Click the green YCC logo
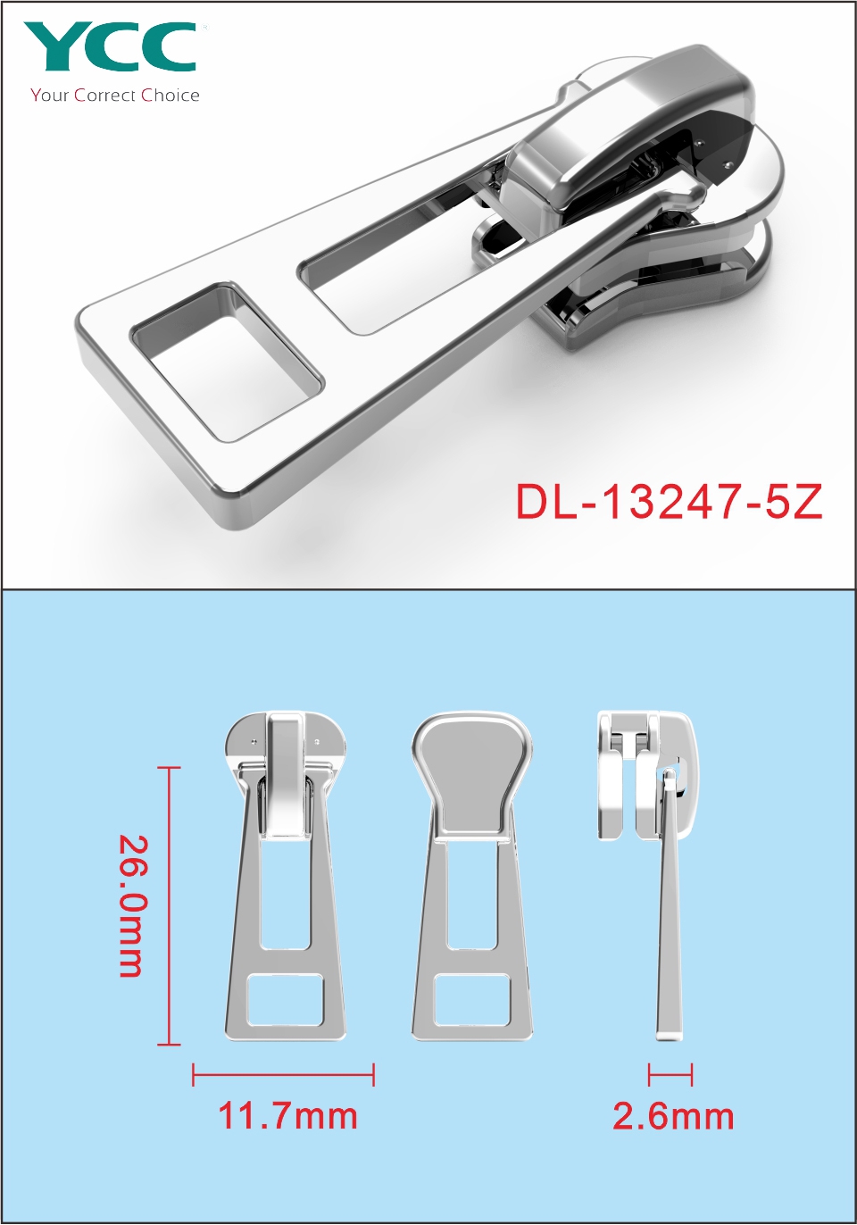point(110,46)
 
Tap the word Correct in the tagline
point(105,96)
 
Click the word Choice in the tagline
point(171,96)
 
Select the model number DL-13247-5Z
point(669,502)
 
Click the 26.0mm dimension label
point(132,906)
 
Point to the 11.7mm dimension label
point(287,1116)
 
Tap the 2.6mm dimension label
point(673,1116)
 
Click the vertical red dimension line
point(170,906)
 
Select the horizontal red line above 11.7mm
point(283,1075)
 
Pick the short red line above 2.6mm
point(670,1075)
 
